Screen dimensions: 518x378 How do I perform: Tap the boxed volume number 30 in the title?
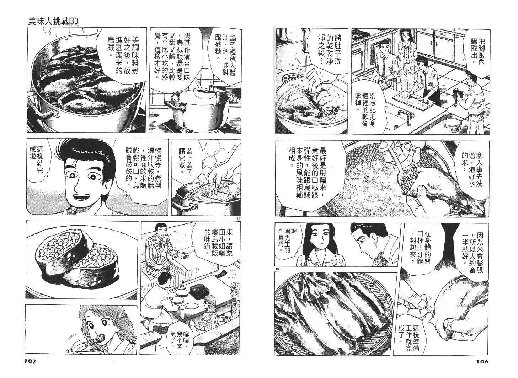pyautogui.click(x=74, y=21)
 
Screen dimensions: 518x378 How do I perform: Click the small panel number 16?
pyautogui.click(x=278, y=269)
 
